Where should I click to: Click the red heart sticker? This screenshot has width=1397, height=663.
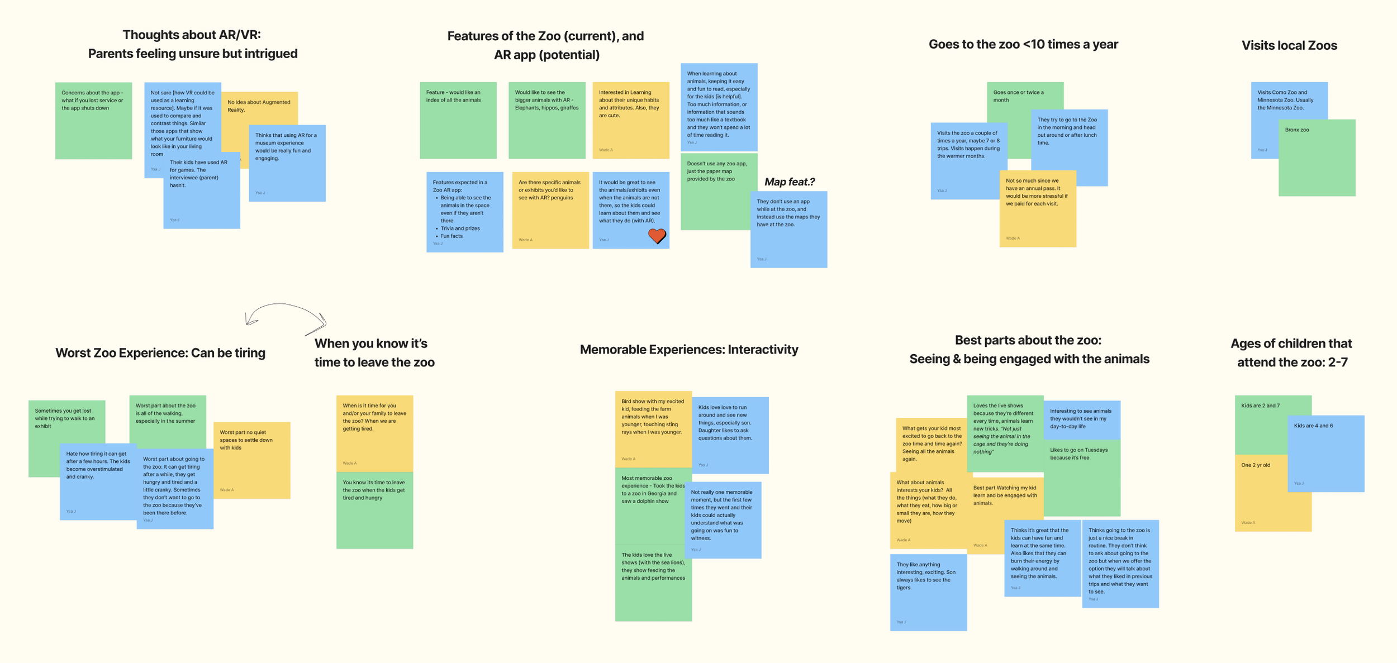[657, 236]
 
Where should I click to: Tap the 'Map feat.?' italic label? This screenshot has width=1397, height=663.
[789, 182]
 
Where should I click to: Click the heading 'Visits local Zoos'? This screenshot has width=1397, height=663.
[1289, 46]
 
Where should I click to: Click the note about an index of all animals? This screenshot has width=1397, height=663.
[458, 120]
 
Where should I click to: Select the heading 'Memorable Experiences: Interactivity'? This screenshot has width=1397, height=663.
[688, 350]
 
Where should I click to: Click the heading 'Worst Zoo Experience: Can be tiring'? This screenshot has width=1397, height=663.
[160, 353]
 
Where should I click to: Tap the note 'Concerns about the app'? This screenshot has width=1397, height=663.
[93, 120]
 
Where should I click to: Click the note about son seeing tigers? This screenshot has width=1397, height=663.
[928, 592]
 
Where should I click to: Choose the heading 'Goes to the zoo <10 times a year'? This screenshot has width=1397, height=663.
[1023, 45]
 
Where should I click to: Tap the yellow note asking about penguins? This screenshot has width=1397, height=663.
[550, 210]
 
